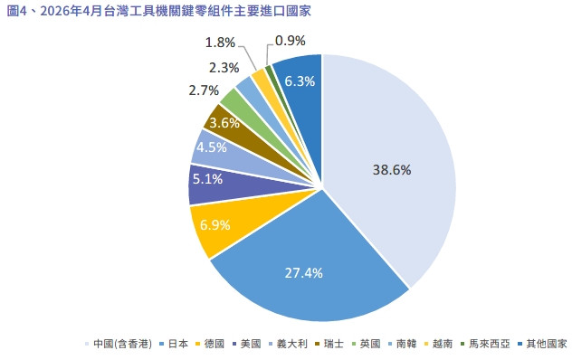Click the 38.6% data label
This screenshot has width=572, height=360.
click(x=392, y=170)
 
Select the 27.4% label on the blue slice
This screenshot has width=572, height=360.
click(x=303, y=273)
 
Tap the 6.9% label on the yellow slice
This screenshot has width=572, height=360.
click(x=214, y=225)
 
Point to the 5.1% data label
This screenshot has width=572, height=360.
click(x=207, y=179)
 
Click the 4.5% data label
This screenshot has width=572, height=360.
click(x=212, y=147)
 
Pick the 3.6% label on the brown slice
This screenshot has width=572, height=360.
click(x=224, y=123)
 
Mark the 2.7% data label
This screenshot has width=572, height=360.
click(x=204, y=90)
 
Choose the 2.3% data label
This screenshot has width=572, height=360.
click(x=224, y=68)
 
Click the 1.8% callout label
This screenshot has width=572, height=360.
click(x=220, y=43)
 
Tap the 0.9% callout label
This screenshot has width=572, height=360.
click(x=290, y=41)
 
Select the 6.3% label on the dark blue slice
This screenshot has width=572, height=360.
click(x=300, y=81)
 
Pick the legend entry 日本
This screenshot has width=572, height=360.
click(x=174, y=344)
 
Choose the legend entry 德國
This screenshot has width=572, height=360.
click(x=210, y=344)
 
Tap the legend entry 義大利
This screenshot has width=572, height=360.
click(x=288, y=344)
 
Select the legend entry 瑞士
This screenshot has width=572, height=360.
click(x=329, y=344)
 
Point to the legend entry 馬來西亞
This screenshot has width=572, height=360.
click(x=485, y=344)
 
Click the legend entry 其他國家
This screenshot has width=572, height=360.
click(x=542, y=344)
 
